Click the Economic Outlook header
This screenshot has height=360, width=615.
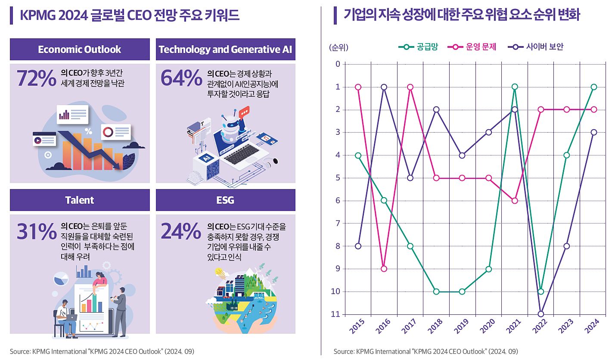click(x=80, y=50)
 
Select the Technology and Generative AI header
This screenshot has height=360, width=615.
click(x=225, y=50)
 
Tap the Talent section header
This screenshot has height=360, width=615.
click(x=80, y=200)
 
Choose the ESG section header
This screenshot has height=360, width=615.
click(x=225, y=200)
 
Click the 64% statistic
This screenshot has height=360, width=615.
click(x=181, y=78)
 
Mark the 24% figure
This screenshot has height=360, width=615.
click(x=181, y=232)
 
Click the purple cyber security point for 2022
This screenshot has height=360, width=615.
click(x=541, y=314)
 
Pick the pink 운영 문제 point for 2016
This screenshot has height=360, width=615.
click(x=384, y=269)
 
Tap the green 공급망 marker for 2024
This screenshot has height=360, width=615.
click(x=593, y=87)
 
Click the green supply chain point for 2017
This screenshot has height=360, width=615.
click(x=410, y=246)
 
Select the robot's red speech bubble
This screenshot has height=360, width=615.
click(x=244, y=112)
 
